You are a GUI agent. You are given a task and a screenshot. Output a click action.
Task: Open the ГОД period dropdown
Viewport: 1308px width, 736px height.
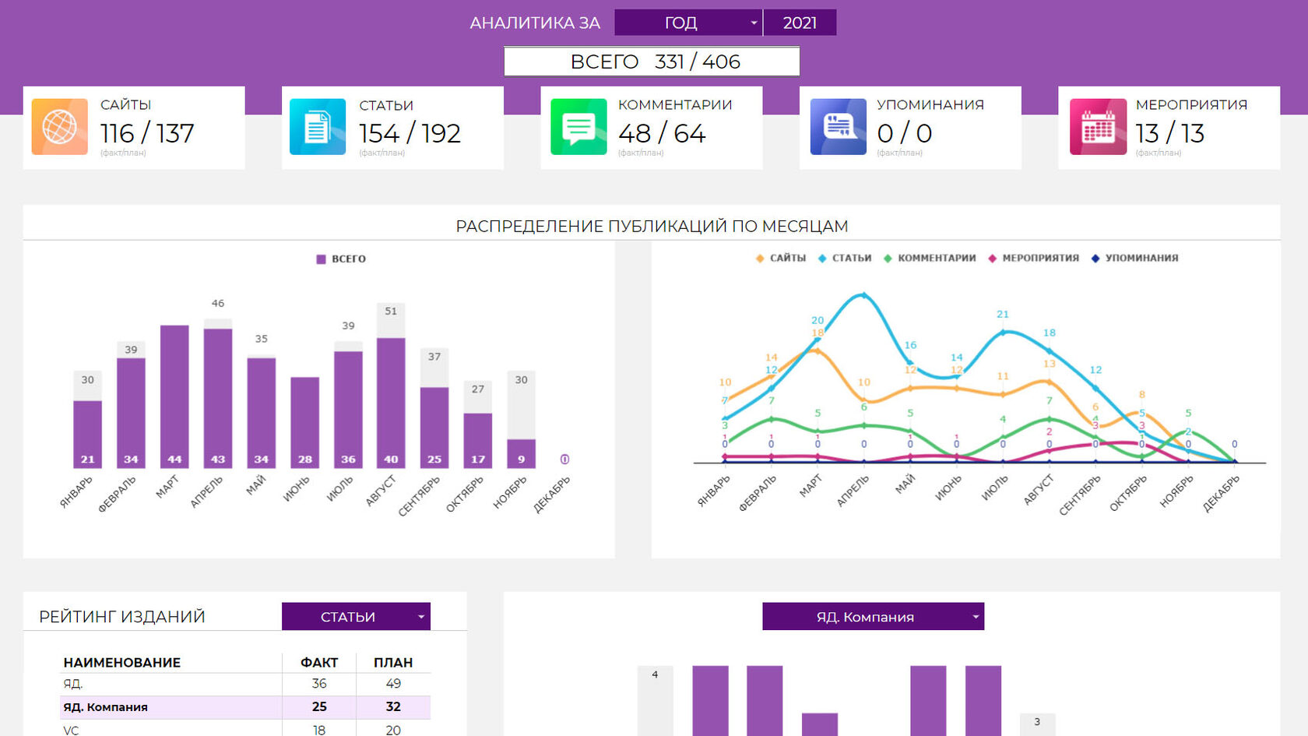[687, 23]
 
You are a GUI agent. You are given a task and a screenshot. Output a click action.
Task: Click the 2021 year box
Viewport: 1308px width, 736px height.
[800, 23]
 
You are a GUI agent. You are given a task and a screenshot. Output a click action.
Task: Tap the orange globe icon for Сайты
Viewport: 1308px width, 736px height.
[60, 127]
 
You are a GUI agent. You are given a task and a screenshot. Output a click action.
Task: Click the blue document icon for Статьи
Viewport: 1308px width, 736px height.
[318, 127]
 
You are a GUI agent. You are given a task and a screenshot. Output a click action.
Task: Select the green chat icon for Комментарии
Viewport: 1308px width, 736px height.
[578, 127]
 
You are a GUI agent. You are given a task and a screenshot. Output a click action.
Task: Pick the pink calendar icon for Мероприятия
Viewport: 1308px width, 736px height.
[1098, 127]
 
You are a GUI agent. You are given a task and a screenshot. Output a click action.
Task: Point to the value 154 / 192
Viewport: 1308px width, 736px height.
[410, 134]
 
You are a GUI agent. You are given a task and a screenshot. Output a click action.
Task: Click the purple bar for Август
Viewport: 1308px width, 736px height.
[391, 397]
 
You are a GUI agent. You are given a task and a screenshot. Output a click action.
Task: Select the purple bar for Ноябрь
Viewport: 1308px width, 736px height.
[521, 452]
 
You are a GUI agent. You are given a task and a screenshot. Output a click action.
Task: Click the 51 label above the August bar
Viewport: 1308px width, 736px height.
[391, 311]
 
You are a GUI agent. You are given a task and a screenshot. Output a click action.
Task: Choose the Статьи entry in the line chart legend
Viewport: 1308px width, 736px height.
[846, 258]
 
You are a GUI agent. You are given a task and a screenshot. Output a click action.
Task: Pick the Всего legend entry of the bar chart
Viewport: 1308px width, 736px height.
[342, 259]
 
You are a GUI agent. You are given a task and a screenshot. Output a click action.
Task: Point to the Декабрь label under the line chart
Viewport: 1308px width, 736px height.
[1221, 494]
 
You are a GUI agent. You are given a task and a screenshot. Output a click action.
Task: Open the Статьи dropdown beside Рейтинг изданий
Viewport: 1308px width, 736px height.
[356, 617]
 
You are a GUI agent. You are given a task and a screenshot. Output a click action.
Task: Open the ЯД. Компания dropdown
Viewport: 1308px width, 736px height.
[873, 617]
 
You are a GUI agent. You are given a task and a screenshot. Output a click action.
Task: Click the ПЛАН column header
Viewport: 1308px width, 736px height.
[393, 663]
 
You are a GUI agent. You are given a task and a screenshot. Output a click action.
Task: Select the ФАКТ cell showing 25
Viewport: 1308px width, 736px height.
[319, 707]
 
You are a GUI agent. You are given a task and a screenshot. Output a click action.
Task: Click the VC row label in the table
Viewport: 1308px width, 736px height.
[72, 730]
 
